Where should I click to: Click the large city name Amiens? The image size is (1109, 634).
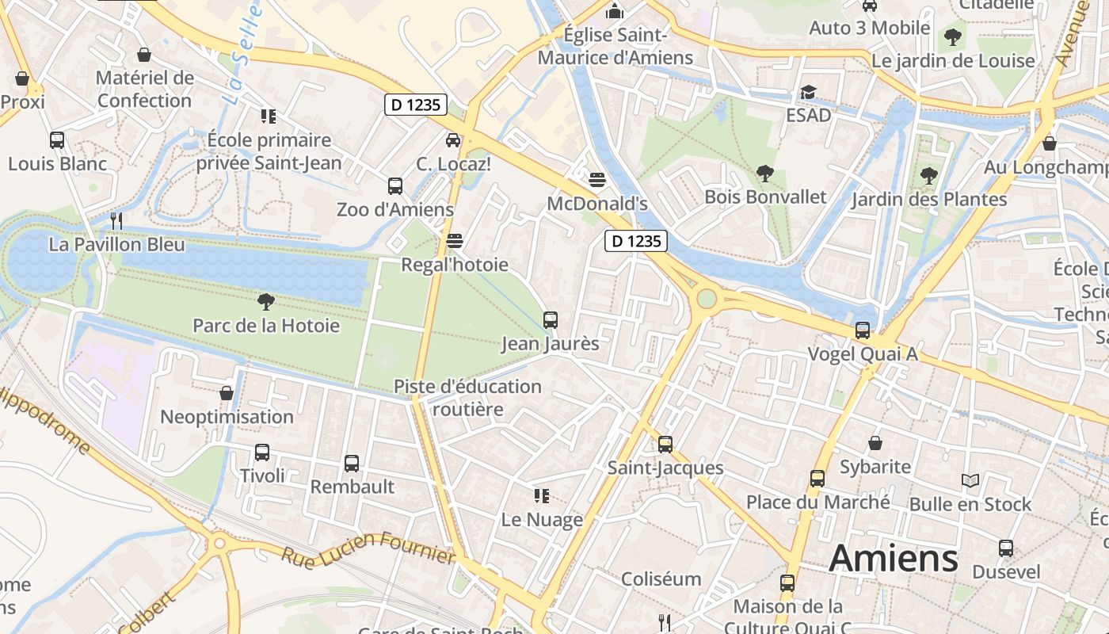point(894,559)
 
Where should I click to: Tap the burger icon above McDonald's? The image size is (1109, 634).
point(597,180)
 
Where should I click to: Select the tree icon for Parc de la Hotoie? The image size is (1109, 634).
point(266,301)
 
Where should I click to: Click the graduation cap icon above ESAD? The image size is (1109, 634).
point(808,92)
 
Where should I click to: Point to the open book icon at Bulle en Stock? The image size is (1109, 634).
point(970,480)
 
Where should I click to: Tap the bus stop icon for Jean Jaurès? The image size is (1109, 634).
point(550,320)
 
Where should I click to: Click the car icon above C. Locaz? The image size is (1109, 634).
point(453,140)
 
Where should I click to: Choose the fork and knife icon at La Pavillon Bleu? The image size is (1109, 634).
point(116,220)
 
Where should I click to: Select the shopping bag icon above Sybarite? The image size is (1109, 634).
point(875,443)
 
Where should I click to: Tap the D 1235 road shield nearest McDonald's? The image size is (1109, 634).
point(636,241)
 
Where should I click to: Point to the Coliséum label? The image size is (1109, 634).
point(661,579)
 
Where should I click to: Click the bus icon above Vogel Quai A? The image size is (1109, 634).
point(862,330)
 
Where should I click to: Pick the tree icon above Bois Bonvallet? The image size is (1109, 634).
point(765,173)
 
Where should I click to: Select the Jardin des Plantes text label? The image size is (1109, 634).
point(929,199)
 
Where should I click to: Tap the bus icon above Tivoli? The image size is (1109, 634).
point(262,453)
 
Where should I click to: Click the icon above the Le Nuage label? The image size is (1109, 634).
point(542,496)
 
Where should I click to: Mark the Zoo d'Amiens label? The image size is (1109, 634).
point(395,209)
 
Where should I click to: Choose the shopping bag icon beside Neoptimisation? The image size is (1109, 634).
point(227,393)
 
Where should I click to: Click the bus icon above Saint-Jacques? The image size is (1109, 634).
point(665,445)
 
